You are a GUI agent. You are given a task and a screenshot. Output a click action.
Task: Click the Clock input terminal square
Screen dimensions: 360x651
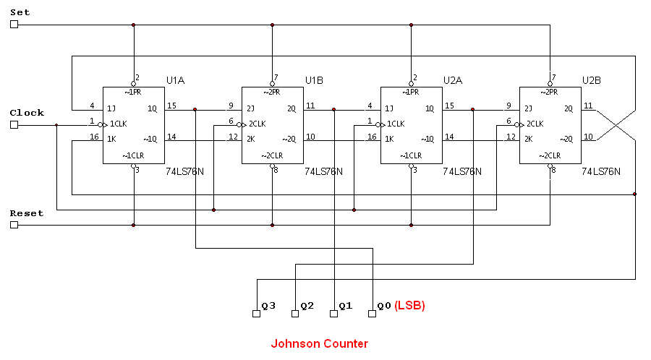[14, 124]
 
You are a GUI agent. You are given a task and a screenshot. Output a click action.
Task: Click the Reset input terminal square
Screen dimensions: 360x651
[14, 225]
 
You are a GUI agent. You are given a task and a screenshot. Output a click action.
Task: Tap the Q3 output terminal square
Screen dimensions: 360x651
[255, 314]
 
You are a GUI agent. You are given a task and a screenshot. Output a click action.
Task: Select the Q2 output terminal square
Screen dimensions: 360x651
[294, 314]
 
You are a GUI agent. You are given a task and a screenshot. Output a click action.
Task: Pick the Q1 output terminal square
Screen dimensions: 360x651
[333, 314]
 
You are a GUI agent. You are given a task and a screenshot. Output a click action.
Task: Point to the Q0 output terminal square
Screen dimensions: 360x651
[373, 314]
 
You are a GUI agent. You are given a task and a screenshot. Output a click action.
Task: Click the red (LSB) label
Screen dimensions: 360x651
[409, 306]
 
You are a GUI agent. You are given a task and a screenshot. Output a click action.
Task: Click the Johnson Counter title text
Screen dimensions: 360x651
[319, 344]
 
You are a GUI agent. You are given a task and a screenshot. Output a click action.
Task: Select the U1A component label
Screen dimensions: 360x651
[176, 80]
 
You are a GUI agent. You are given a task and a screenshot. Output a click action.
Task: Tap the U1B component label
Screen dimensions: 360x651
[314, 80]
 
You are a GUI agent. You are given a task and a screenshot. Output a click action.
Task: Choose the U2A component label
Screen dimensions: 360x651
[453, 80]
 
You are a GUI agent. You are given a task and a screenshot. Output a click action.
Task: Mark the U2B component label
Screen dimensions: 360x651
[592, 80]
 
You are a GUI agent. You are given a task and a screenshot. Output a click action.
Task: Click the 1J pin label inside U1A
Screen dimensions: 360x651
[111, 109]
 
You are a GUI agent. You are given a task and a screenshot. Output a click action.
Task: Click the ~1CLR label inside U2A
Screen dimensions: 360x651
[411, 155]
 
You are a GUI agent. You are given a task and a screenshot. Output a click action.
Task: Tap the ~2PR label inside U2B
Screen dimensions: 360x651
[550, 92]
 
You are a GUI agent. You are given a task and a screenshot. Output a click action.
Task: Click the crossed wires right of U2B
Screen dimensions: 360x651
[615, 125]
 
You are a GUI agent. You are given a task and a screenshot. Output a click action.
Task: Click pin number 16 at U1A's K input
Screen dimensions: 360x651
[94, 136]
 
